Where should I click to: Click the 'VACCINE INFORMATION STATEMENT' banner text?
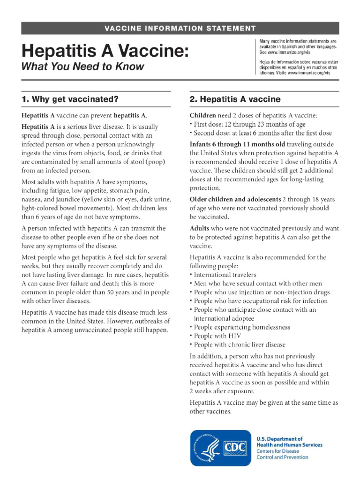point(180,29)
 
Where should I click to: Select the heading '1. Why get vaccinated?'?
point(69,99)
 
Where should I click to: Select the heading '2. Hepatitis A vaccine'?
point(235,99)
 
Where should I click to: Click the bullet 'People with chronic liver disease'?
point(240,345)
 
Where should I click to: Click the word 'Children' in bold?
point(202,115)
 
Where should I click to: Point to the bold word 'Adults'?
point(199,228)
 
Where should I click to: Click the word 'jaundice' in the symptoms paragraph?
point(70,199)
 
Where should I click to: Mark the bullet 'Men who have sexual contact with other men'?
point(257,284)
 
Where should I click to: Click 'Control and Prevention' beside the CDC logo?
point(282,457)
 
